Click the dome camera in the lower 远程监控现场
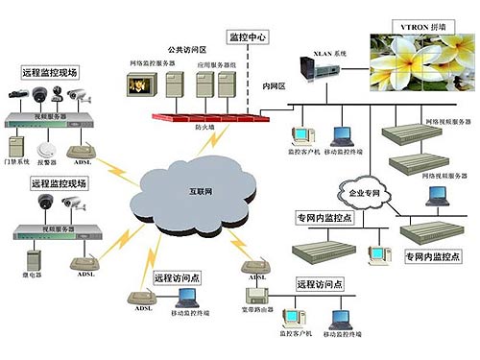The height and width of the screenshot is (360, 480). click(44, 203)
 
